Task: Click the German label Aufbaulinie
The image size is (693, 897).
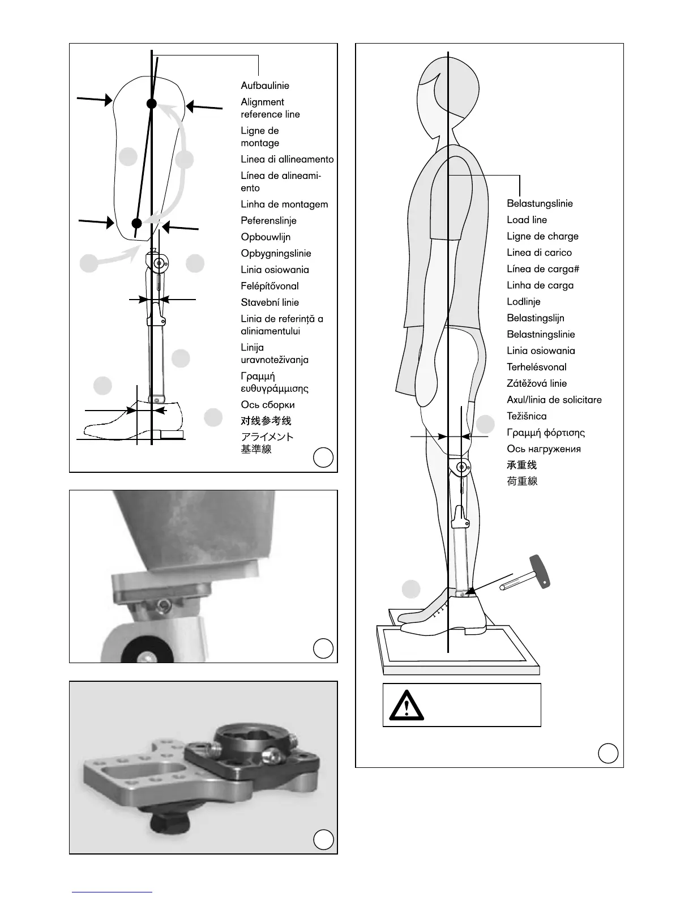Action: pos(265,86)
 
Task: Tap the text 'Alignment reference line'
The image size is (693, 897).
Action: pos(270,108)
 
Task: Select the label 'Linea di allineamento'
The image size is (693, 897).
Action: pos(287,159)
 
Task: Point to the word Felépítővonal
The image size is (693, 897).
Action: pos(269,286)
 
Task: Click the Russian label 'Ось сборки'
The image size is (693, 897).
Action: pos(267,404)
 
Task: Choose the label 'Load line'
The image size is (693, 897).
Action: pos(527,220)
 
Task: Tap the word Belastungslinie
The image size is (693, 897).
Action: pos(540,203)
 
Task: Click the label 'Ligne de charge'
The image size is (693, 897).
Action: pos(542,236)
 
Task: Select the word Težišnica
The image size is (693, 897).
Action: pos(527,416)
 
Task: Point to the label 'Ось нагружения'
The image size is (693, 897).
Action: pos(544,449)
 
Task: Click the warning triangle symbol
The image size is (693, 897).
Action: pos(406,705)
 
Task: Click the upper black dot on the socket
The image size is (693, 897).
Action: pos(151,104)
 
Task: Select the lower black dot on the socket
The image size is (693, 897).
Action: pos(136,223)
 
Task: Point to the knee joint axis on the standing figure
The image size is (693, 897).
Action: pos(462,468)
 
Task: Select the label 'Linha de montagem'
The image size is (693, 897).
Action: pos(284,204)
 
